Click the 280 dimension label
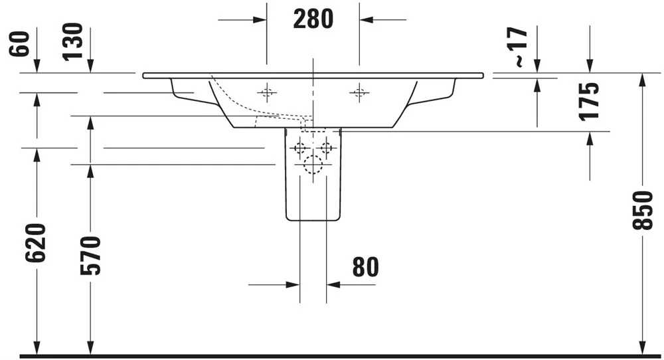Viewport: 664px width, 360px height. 313,19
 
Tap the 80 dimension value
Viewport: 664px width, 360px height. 365,267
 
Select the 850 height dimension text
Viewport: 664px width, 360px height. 643,211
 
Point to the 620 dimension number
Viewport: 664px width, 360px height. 35,242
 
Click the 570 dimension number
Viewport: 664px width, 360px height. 90,256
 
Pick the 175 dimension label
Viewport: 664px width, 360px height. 590,102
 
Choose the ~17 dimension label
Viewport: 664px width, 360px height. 521,47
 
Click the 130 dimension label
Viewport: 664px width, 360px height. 72,42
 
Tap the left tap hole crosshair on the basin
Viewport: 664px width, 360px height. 267,92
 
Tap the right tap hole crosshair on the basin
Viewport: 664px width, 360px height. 359,92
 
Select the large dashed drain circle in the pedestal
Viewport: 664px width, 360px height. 313,165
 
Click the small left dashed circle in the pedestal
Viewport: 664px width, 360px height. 300,148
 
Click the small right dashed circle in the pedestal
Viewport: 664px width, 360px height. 326,148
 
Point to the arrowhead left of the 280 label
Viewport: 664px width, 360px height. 260,19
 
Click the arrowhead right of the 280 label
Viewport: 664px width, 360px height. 367,19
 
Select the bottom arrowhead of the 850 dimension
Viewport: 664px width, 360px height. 643,348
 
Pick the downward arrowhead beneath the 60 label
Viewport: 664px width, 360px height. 37,66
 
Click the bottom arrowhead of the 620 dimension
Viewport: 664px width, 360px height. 37,348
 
